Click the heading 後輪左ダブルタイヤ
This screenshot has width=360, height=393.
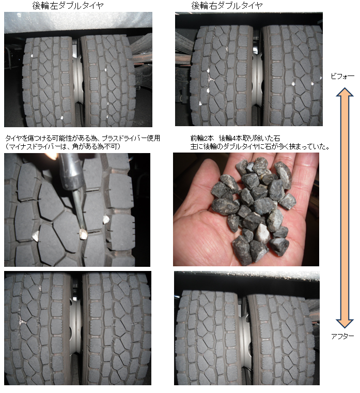point(68,6)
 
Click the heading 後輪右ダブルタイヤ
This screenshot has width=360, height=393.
point(227,6)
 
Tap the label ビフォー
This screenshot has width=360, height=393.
point(342,77)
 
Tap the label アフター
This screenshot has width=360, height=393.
point(342,336)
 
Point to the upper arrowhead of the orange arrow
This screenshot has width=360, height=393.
point(345,92)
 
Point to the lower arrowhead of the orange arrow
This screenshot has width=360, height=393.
point(345,324)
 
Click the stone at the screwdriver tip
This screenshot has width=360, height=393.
point(83,234)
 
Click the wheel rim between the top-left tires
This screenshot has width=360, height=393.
point(78,78)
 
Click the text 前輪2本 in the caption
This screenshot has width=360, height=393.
point(202,138)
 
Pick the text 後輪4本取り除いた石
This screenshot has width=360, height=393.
point(249,138)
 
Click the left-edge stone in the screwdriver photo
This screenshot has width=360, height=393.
point(36,236)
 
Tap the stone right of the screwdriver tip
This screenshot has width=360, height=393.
point(106,219)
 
